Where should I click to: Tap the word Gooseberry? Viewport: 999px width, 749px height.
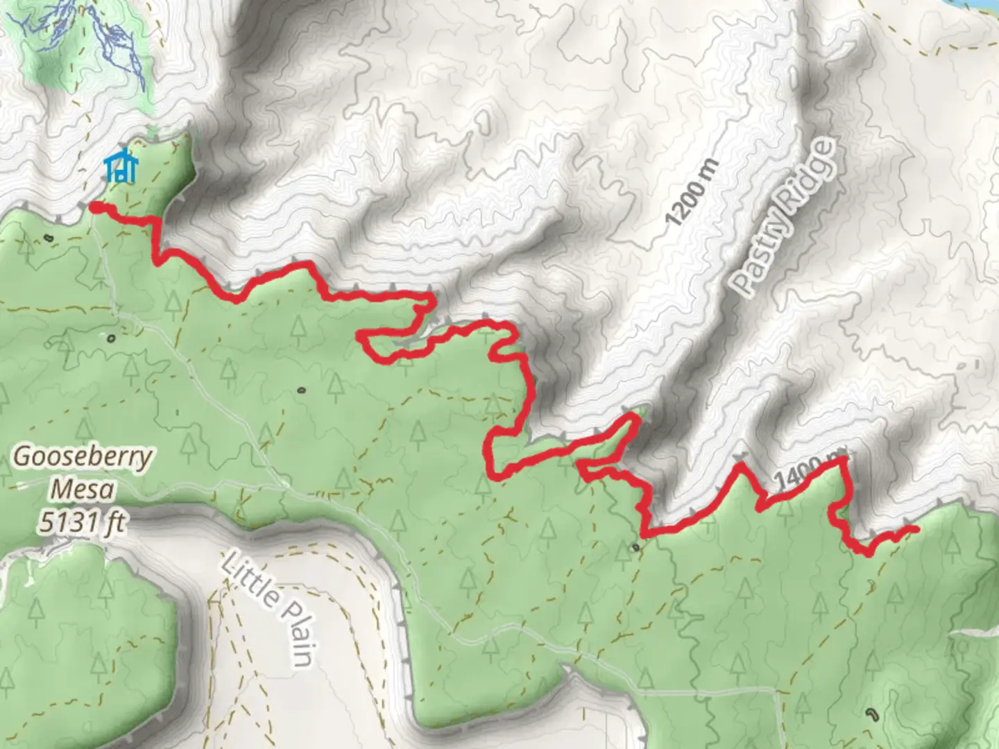pyautogui.click(x=83, y=458)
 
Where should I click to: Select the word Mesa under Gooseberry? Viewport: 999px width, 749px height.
pyautogui.click(x=83, y=490)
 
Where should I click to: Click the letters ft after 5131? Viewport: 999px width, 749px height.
pyautogui.click(x=114, y=522)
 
